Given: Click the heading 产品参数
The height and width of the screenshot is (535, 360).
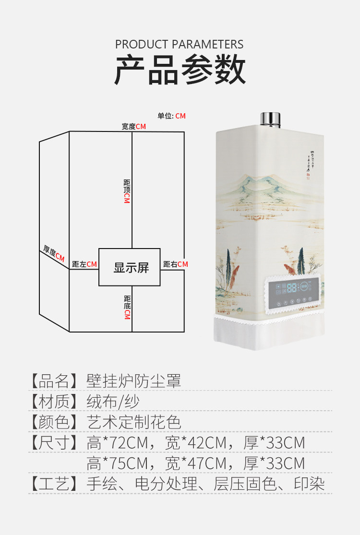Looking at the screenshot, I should coord(180,71).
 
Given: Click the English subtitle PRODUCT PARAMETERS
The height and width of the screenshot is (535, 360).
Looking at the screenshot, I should coord(180,45).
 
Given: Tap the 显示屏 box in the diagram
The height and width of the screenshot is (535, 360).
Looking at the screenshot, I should coord(130,267).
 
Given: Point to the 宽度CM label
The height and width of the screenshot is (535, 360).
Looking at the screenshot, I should coord(133,127).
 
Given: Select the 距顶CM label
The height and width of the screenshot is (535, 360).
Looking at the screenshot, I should coord(127,191).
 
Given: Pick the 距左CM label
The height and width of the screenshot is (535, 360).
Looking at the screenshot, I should coord(84,264).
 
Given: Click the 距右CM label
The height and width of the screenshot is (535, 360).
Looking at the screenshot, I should coord(175,264).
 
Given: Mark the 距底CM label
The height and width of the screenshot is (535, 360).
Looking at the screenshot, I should coord(127,308).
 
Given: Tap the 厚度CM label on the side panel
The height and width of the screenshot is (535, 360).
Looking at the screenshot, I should coord(54,254).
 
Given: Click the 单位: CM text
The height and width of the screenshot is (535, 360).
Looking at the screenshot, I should coord(171,116).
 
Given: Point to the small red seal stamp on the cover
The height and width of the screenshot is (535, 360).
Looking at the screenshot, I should coord(308,175).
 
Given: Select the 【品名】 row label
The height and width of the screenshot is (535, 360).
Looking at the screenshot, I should coord(54,381).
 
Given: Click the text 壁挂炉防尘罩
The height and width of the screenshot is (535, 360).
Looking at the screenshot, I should coord(134,381).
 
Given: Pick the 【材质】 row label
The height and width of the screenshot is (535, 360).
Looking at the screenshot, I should coord(54,401).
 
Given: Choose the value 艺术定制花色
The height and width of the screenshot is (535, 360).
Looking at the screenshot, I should coord(134,422).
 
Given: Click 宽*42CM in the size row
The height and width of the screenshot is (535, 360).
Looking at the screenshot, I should coord(195,442).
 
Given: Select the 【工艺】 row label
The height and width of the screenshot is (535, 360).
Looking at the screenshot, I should coord(54,484).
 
